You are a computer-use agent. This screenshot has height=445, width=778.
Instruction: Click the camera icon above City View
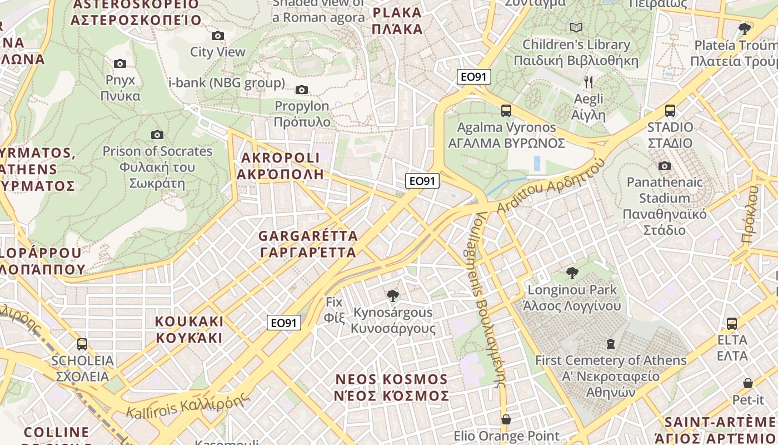[x=218, y=36]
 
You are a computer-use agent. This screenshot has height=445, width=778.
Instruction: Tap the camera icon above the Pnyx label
[x=120, y=64]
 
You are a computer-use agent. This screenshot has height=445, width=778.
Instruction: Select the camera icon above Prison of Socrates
[x=157, y=135]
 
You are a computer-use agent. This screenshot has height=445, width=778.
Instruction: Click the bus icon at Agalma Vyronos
[x=506, y=111]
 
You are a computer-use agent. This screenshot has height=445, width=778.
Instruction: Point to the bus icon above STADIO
[x=670, y=111]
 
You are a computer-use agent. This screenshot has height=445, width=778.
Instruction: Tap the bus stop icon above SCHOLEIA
[x=82, y=344]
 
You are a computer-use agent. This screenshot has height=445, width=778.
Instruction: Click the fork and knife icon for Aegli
[x=589, y=83]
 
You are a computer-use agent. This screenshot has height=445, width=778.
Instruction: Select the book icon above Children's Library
[x=576, y=27]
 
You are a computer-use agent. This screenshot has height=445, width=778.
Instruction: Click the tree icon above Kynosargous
[x=393, y=295]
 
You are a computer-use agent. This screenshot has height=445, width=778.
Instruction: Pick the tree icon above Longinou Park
[x=572, y=273]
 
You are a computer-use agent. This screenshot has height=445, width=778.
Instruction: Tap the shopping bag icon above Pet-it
[x=748, y=383]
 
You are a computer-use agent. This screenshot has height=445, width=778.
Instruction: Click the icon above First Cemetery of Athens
[x=611, y=344]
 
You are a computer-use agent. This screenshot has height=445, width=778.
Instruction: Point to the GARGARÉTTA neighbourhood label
[x=308, y=244]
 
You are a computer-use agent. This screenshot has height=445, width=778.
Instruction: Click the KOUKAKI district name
[x=189, y=329]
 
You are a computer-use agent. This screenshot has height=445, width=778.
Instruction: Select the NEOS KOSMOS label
[x=391, y=388]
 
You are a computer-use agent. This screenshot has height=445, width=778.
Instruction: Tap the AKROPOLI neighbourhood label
[x=280, y=166]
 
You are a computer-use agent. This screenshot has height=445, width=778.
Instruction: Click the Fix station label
[x=335, y=310]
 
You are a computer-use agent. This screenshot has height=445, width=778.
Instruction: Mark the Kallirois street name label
[x=186, y=405]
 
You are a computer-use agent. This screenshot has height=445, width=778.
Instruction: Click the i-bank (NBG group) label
[x=226, y=83]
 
